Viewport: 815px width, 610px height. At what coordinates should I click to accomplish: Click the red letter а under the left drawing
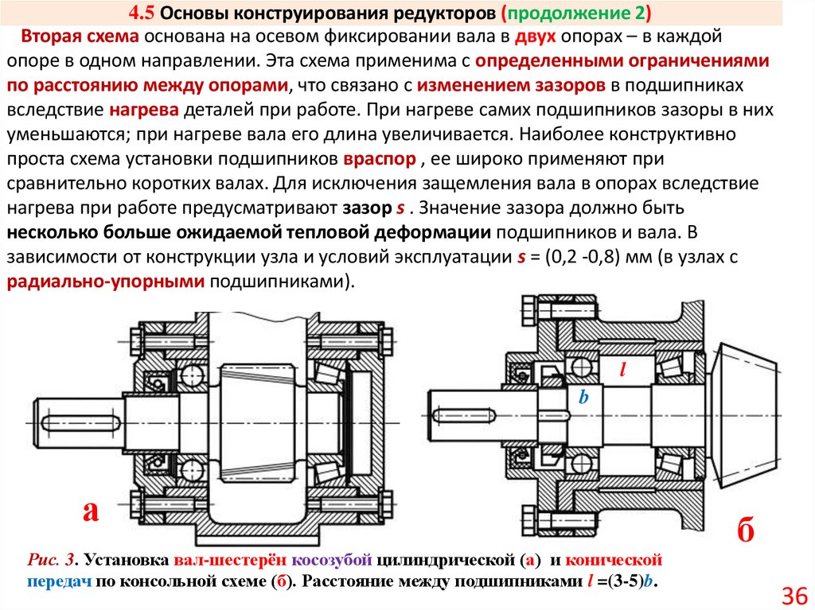click(90, 510)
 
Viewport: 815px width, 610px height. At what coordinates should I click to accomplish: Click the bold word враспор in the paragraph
click(380, 159)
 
